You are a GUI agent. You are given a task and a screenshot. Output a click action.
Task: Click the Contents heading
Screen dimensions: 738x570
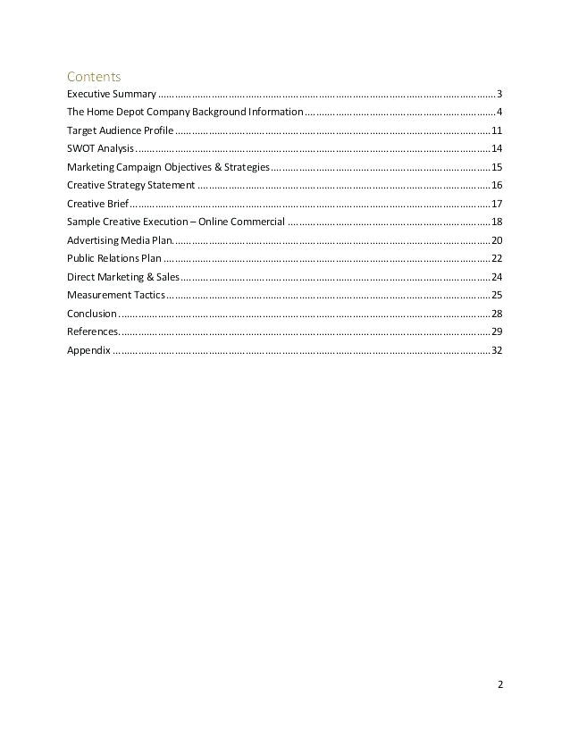93,76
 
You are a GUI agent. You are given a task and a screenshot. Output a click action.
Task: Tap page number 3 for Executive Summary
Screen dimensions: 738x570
499,94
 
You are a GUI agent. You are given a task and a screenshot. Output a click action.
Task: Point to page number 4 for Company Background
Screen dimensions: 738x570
499,112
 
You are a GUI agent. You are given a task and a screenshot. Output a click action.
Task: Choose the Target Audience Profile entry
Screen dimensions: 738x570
113,130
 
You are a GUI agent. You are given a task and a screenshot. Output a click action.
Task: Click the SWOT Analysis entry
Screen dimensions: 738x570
99,148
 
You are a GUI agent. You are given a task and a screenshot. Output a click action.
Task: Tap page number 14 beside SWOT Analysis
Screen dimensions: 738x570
497,148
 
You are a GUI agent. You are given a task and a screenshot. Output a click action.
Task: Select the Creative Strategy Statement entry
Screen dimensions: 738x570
130,185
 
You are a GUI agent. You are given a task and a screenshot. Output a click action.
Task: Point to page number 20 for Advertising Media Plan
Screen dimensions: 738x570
497,240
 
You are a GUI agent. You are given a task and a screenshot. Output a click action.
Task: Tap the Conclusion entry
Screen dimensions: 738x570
91,314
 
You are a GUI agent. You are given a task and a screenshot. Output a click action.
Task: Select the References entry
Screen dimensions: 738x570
90,331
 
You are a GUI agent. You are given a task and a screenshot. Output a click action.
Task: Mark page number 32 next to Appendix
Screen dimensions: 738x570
497,350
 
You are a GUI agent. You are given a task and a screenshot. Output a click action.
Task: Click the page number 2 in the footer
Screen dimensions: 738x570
500,686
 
